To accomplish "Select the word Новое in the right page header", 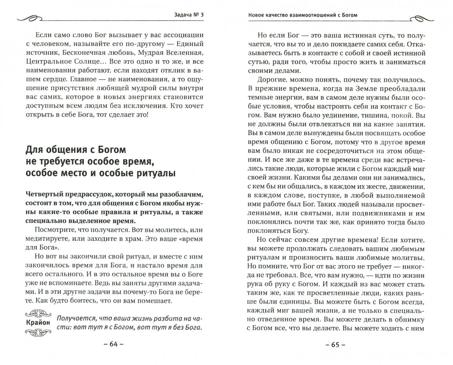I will tap(258, 15).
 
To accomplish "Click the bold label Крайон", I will tap(38, 322).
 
